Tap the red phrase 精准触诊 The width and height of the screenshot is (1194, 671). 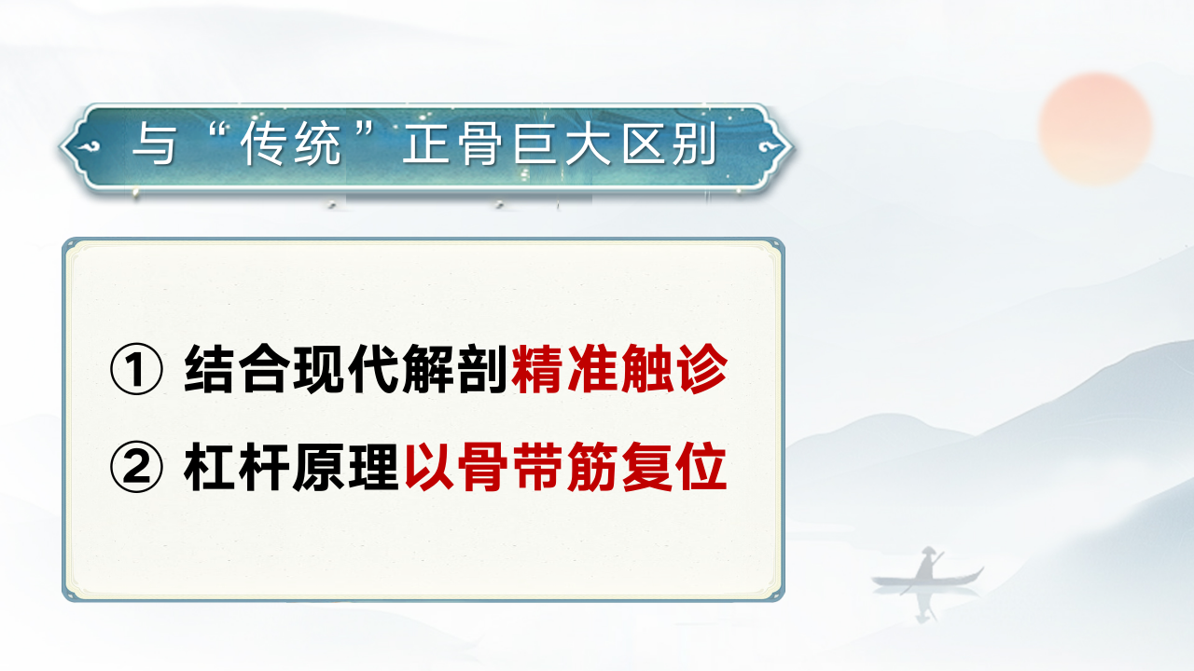(x=619, y=371)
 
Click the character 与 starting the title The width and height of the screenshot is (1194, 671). (x=154, y=147)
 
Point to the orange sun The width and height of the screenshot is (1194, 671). (x=1096, y=127)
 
